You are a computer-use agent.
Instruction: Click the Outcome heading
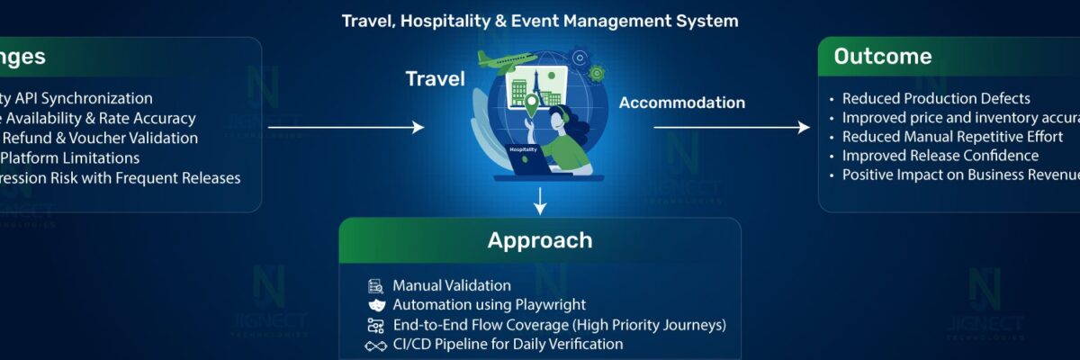[882, 57]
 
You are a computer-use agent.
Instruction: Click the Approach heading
[540, 240]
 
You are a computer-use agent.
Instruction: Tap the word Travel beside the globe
[435, 79]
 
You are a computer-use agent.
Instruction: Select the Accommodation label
[681, 103]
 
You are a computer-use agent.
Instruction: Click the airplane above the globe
[506, 61]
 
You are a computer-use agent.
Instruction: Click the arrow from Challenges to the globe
[346, 128]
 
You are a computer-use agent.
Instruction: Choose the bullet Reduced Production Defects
[936, 99]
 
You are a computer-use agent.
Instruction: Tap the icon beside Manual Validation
[375, 286]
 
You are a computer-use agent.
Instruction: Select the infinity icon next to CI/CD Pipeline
[375, 346]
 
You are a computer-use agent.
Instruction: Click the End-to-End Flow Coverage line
[558, 325]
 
